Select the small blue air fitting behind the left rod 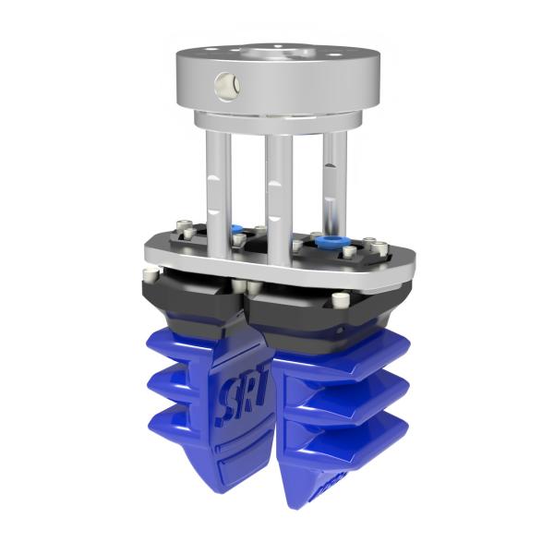[237, 231]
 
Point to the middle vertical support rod [278, 185]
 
